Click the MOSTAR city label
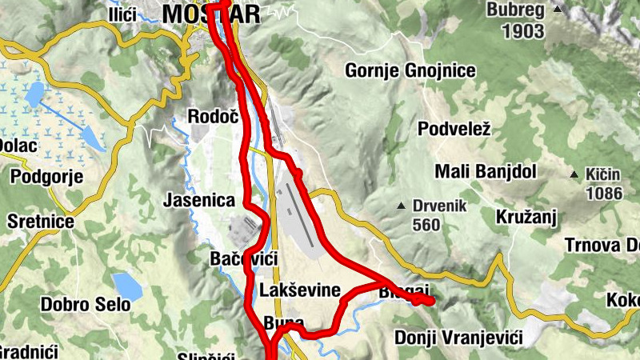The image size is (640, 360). point(211,14)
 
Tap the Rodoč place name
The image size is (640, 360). point(213,117)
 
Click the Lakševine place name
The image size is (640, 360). point(300,290)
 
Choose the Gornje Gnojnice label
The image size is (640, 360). point(410,71)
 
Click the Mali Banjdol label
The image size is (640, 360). point(486,172)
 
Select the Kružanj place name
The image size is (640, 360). point(526,217)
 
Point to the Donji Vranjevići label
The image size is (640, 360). point(458,338)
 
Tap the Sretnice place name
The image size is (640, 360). point(40,221)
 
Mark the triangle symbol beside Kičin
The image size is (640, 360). point(574,174)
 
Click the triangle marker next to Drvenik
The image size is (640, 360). point(402,206)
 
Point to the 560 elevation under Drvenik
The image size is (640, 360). point(426,225)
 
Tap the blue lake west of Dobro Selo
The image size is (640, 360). point(127,285)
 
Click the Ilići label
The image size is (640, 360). point(123,14)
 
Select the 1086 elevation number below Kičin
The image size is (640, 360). point(604,193)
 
